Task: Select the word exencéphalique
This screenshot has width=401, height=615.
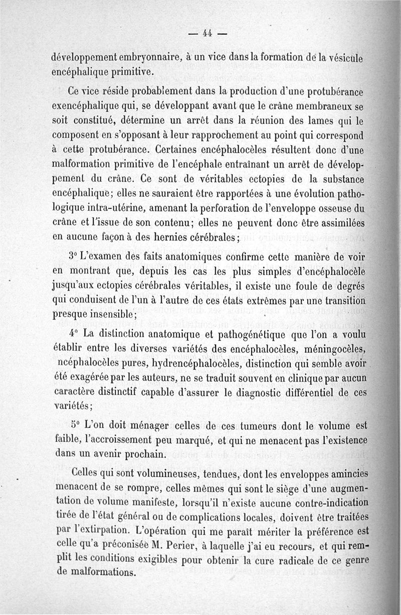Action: (90, 107)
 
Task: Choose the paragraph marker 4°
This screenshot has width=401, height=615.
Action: (73, 334)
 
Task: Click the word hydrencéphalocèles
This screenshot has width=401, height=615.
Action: (170, 362)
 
